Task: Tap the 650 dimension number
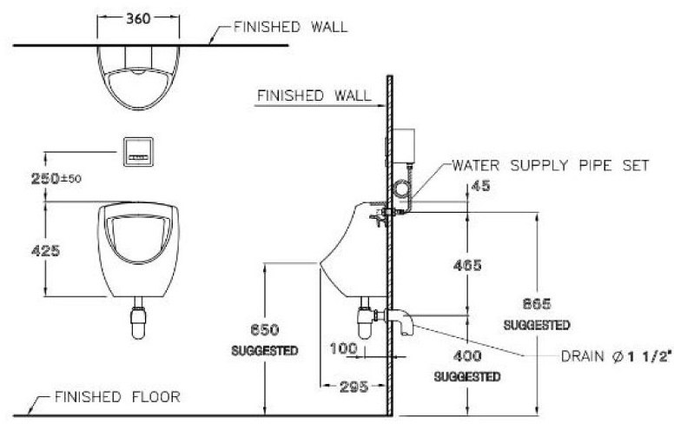tap(263, 331)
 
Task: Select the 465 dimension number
tap(467, 264)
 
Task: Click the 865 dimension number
tap(537, 304)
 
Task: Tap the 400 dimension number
tap(467, 356)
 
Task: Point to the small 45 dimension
tap(479, 185)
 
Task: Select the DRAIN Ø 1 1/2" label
tap(616, 356)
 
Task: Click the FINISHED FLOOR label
tap(117, 398)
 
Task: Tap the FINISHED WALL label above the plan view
tap(290, 27)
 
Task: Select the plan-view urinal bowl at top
tap(139, 77)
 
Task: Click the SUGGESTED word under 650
tap(264, 351)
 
